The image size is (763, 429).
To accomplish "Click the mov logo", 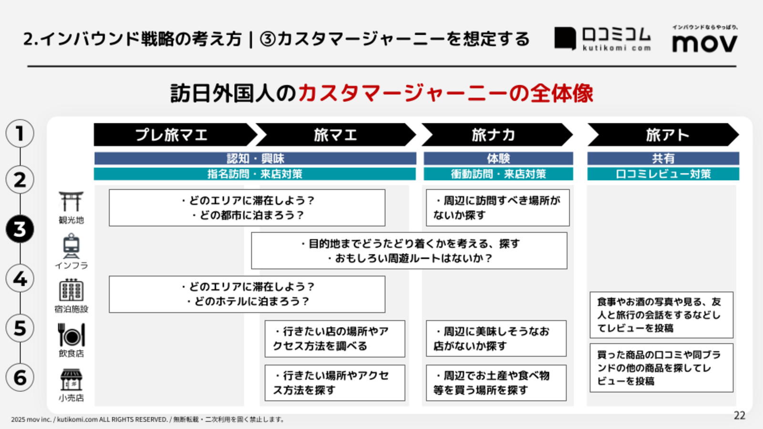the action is (705, 39).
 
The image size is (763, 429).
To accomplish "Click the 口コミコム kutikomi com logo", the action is (603, 39).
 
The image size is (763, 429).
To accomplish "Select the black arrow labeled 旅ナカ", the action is (497, 135).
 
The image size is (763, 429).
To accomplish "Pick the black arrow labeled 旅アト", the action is (663, 135).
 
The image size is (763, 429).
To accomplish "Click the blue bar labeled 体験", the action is (498, 158).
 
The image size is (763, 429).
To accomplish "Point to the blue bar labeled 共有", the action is (663, 158).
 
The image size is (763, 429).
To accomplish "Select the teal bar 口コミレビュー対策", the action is (663, 174).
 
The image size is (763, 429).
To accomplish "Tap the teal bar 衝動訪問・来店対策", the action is (498, 174).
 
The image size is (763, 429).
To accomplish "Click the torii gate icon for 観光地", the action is (71, 201).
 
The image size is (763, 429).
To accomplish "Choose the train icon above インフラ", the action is (71, 246).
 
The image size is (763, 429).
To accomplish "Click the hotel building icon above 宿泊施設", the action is (71, 290).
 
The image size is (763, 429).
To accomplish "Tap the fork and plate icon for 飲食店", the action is (71, 335).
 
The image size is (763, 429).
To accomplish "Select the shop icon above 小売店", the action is (71, 379).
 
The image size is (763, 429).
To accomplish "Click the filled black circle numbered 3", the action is (20, 229).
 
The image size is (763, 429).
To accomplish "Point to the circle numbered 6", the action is (20, 378).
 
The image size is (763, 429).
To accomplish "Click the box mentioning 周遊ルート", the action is (409, 251).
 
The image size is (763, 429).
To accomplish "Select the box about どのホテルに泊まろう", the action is (247, 294).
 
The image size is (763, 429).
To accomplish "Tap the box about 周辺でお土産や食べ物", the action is (496, 383).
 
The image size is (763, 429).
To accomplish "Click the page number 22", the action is (740, 416).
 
